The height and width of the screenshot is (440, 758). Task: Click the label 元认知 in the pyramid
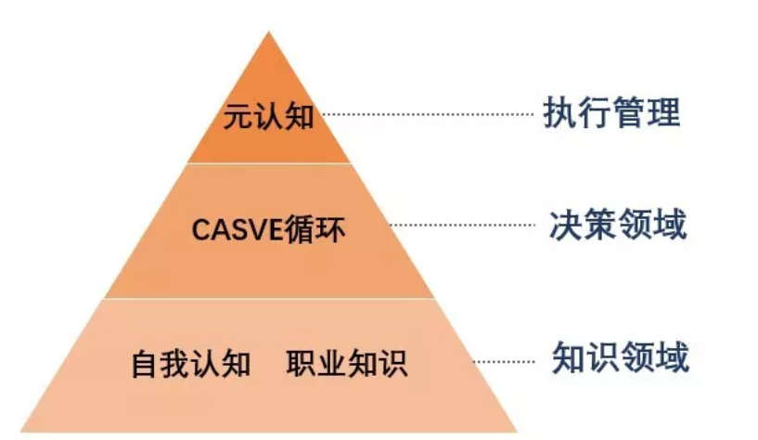[268, 118]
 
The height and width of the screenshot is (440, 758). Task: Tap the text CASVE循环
[268, 229]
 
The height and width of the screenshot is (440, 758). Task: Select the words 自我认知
[191, 363]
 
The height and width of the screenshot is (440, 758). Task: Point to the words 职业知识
[347, 363]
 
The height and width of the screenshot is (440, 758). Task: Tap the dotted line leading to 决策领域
[464, 225]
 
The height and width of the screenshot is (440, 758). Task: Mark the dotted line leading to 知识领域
[506, 358]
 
